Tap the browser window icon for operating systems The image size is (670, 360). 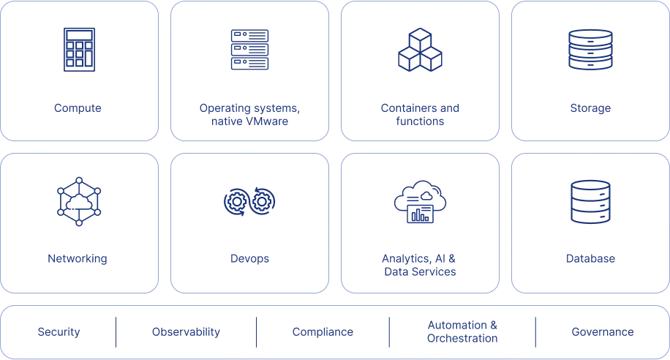(x=249, y=49)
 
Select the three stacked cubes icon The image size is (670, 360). (x=421, y=49)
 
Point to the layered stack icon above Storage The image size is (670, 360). (x=590, y=49)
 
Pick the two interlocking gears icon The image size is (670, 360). (x=249, y=200)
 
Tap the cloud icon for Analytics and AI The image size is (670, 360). (x=421, y=200)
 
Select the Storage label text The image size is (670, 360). (x=590, y=110)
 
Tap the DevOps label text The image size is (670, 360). (x=249, y=258)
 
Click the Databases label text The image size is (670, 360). (x=590, y=258)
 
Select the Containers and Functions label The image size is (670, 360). (x=421, y=116)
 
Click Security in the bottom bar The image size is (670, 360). (x=59, y=332)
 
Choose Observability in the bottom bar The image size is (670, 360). (x=186, y=332)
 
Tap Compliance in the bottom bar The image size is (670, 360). (x=323, y=332)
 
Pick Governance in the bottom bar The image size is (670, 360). (x=602, y=332)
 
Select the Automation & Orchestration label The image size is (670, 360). (x=462, y=332)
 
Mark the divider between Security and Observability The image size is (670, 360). (x=116, y=333)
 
